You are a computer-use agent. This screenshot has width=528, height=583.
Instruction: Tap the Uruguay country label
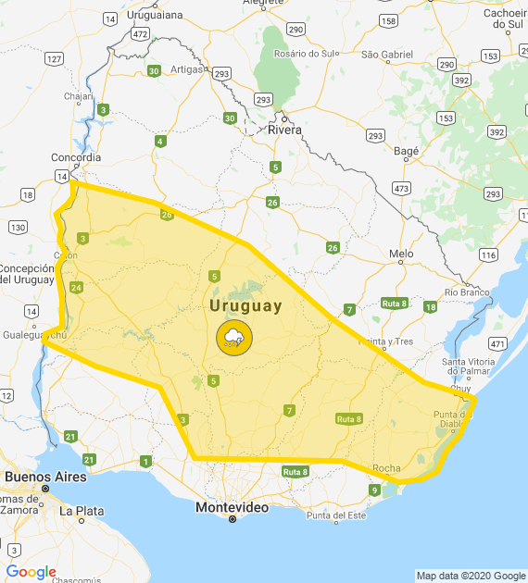pyautogui.click(x=245, y=305)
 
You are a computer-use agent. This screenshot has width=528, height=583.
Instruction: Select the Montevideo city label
pyautogui.click(x=232, y=508)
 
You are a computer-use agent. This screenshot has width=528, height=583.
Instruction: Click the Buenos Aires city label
pyautogui.click(x=45, y=477)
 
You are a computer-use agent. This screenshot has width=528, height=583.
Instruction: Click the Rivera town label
pyautogui.click(x=284, y=130)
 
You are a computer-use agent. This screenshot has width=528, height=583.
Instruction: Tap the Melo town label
pyautogui.click(x=401, y=253)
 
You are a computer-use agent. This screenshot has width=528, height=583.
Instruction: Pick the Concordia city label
pyautogui.click(x=75, y=156)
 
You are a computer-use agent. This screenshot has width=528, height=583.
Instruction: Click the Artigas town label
pyautogui.click(x=186, y=69)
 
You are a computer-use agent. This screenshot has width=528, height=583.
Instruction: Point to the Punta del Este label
pyautogui.click(x=336, y=515)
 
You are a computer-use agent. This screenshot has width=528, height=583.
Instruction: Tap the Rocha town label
pyautogui.click(x=385, y=468)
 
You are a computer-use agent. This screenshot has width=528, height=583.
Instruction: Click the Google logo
pyautogui.click(x=31, y=572)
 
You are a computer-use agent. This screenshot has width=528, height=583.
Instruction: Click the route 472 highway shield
pyautogui.click(x=140, y=33)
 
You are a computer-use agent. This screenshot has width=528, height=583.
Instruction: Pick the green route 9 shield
pyautogui.click(x=374, y=490)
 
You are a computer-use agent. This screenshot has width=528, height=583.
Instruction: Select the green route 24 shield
pyautogui.click(x=76, y=288)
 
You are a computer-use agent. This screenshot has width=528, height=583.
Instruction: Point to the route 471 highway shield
pyautogui.click(x=497, y=343)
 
